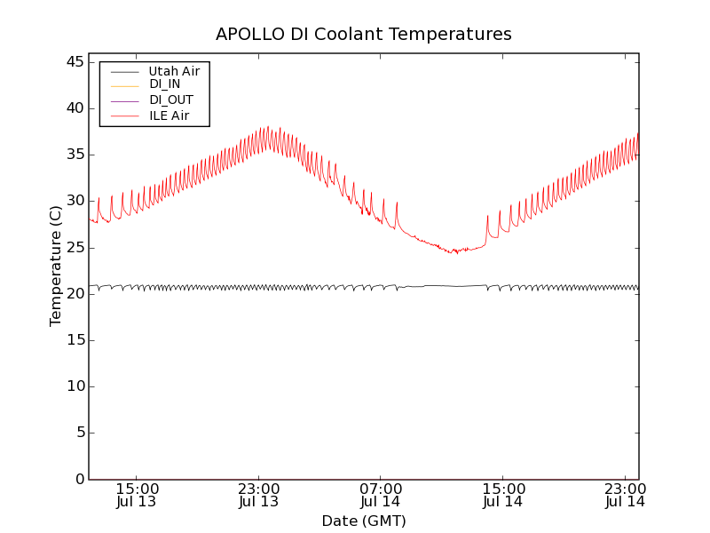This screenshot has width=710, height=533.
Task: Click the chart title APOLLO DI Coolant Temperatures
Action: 364,35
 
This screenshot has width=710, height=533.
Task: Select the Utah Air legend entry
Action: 174,71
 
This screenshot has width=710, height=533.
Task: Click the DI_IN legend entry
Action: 165,85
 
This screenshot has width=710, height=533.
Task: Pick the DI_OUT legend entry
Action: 170,100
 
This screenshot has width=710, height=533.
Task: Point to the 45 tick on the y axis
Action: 74,62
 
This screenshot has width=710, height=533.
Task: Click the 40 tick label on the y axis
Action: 74,108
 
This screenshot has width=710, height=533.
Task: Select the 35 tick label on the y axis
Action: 74,155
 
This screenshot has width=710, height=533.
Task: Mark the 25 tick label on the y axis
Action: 74,247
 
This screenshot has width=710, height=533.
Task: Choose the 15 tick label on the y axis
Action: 74,340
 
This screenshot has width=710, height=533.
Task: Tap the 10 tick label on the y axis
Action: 74,386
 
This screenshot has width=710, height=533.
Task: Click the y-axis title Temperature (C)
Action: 56,266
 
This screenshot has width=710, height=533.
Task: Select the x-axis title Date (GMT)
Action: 364,521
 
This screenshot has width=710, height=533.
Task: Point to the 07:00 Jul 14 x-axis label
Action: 381,495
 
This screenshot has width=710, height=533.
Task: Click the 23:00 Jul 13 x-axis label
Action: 258,495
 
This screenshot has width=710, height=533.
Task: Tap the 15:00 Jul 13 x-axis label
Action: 137,495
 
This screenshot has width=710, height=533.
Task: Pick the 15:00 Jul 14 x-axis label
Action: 502,495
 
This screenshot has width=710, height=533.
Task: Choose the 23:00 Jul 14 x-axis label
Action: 625,495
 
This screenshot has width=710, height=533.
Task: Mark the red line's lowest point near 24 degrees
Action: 456,253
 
